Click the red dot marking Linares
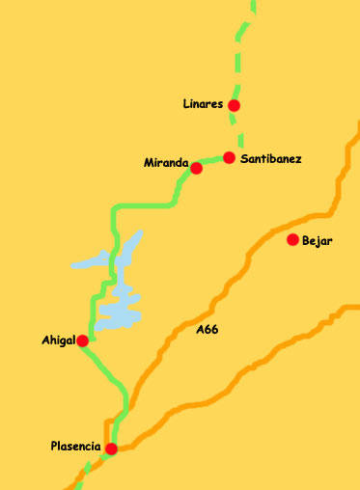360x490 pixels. [234, 105]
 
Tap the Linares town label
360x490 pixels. [203, 104]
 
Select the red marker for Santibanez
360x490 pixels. [229, 157]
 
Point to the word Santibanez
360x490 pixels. [272, 158]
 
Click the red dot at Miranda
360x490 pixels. [196, 168]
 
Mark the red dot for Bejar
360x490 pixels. [292, 239]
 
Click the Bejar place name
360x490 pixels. [317, 241]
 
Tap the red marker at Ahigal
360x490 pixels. [83, 340]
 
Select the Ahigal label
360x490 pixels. [58, 340]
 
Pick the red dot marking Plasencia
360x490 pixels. [112, 449]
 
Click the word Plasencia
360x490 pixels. [75, 446]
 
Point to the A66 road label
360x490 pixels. [207, 330]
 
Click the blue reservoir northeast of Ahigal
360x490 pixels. [122, 309]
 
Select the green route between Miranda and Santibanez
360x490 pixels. [212, 160]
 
